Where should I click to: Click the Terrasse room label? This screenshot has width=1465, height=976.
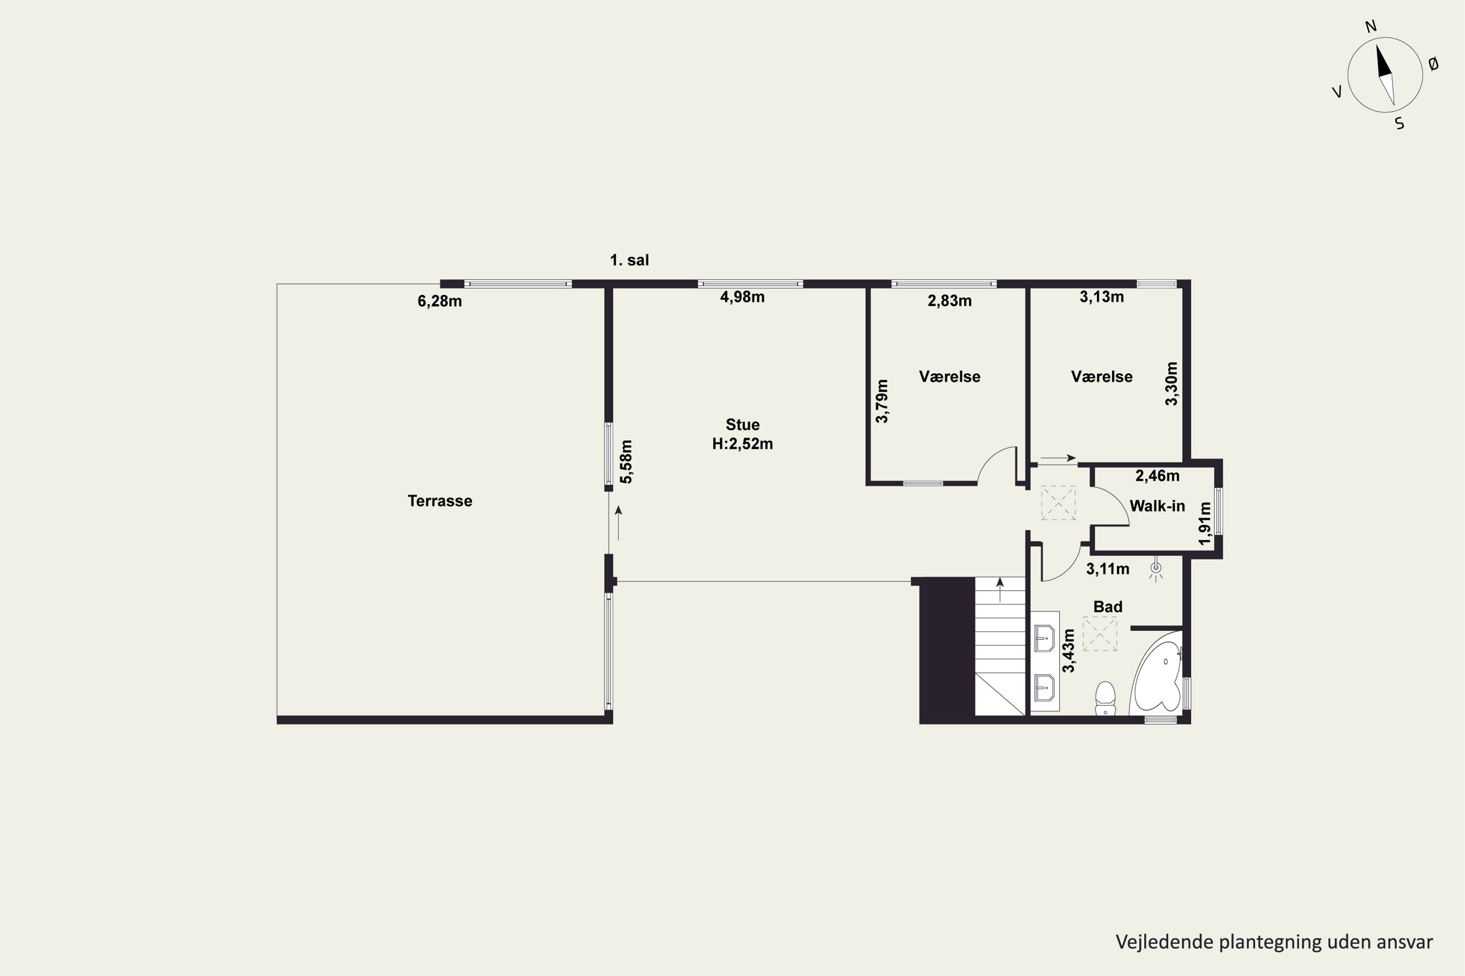pyautogui.click(x=440, y=501)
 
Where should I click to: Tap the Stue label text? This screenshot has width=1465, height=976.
pyautogui.click(x=742, y=425)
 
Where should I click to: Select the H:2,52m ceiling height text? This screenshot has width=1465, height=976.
pyautogui.click(x=742, y=444)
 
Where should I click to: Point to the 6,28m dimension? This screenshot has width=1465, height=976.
pyautogui.click(x=440, y=301)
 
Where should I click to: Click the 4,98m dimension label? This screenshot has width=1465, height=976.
pyautogui.click(x=742, y=297)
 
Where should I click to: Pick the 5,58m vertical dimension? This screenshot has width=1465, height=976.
pyautogui.click(x=627, y=461)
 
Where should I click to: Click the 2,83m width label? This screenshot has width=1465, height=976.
pyautogui.click(x=950, y=301)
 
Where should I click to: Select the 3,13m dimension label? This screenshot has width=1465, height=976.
pyautogui.click(x=1102, y=297)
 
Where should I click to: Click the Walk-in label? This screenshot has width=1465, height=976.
pyautogui.click(x=1157, y=506)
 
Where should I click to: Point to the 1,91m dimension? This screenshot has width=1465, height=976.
pyautogui.click(x=1205, y=524)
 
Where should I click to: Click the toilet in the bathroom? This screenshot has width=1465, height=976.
pyautogui.click(x=1105, y=698)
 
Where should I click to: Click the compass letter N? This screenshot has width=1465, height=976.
pyautogui.click(x=1371, y=26)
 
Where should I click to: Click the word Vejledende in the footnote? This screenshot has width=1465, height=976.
pyautogui.click(x=1165, y=942)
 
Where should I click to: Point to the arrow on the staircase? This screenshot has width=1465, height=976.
pyautogui.click(x=1000, y=590)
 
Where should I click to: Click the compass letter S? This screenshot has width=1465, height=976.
pyautogui.click(x=1400, y=123)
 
